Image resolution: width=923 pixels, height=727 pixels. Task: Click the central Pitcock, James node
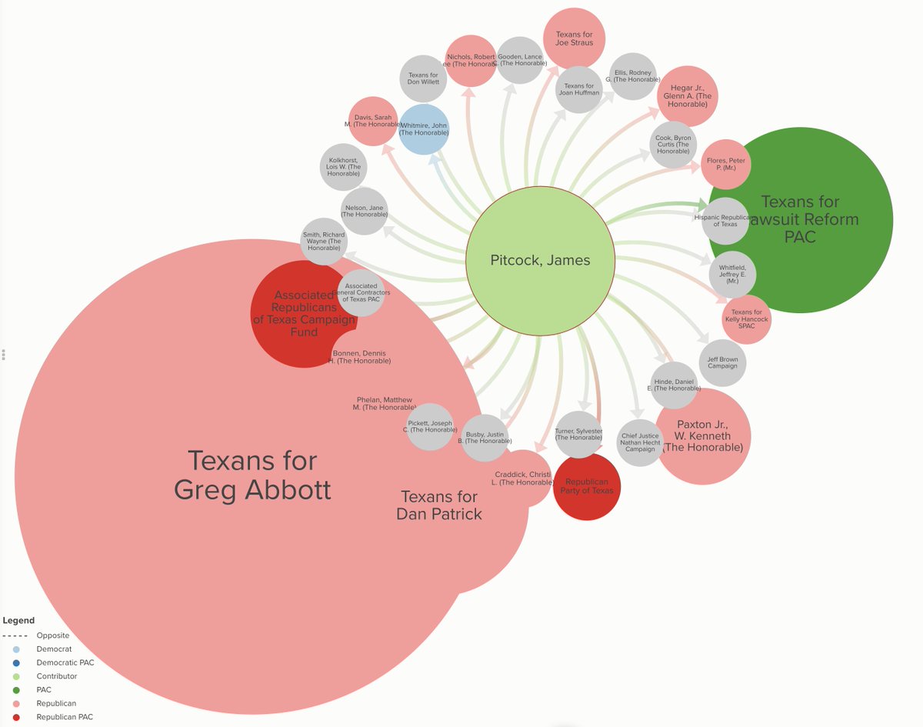tap(540, 261)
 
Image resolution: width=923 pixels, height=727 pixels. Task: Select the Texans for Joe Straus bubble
tap(575, 38)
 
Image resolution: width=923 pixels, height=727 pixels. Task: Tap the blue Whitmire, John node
tap(423, 128)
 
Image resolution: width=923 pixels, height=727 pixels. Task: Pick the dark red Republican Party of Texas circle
tap(587, 487)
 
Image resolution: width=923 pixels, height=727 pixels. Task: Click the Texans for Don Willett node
tap(423, 79)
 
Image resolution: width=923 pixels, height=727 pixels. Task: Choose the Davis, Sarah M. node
tap(373, 122)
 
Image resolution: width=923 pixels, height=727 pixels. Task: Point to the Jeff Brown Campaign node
tap(722, 362)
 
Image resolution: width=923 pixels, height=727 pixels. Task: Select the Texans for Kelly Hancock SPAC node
tap(746, 320)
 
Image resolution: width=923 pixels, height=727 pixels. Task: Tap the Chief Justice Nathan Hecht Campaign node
tap(640, 442)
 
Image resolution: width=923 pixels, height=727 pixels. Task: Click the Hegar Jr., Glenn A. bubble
tap(687, 97)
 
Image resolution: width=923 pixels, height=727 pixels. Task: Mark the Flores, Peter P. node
tap(726, 164)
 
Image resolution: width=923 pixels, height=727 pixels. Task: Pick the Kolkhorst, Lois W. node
tap(343, 167)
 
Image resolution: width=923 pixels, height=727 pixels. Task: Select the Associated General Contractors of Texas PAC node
tap(361, 292)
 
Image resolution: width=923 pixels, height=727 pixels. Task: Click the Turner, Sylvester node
tap(578, 435)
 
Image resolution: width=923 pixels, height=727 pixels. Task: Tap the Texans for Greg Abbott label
tap(252, 475)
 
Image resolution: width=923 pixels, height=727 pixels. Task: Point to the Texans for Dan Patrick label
tap(439, 505)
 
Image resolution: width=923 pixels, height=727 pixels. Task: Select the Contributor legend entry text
tap(57, 676)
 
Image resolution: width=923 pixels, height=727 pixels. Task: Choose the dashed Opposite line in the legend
tap(15, 635)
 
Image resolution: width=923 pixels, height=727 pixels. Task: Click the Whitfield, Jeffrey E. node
tap(732, 275)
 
